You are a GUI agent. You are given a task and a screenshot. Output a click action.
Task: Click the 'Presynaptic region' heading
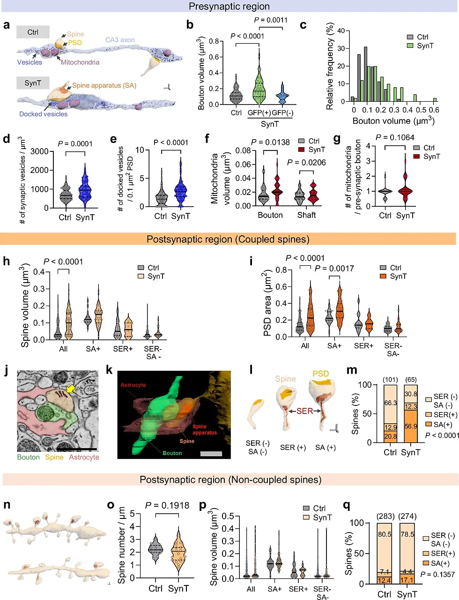(x=229, y=7)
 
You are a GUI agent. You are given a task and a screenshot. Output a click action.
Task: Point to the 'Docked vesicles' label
(x=43, y=114)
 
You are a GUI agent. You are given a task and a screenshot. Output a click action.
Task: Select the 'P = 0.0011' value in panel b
(x=271, y=20)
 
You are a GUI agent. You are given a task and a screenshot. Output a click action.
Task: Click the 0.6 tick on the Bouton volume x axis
(x=434, y=110)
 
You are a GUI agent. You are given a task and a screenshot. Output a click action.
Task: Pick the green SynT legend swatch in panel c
(x=410, y=46)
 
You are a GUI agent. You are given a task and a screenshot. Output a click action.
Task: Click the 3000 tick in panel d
(x=39, y=151)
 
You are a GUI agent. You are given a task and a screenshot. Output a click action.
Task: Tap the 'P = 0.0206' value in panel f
(x=306, y=163)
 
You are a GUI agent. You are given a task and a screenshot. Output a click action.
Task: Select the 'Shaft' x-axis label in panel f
(x=306, y=215)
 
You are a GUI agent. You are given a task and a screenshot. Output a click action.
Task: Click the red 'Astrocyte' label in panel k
(x=133, y=385)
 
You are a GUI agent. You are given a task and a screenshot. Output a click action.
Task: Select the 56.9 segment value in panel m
(x=411, y=427)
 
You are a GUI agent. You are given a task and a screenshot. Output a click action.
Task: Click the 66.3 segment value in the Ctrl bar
(x=391, y=403)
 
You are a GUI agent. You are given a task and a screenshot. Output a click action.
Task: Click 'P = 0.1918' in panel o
(x=167, y=505)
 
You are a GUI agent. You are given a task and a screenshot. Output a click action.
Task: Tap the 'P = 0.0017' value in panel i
(x=334, y=269)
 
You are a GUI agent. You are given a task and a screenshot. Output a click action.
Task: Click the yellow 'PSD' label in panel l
(x=321, y=374)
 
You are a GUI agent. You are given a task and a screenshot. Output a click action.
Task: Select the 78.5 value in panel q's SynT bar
(x=407, y=534)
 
